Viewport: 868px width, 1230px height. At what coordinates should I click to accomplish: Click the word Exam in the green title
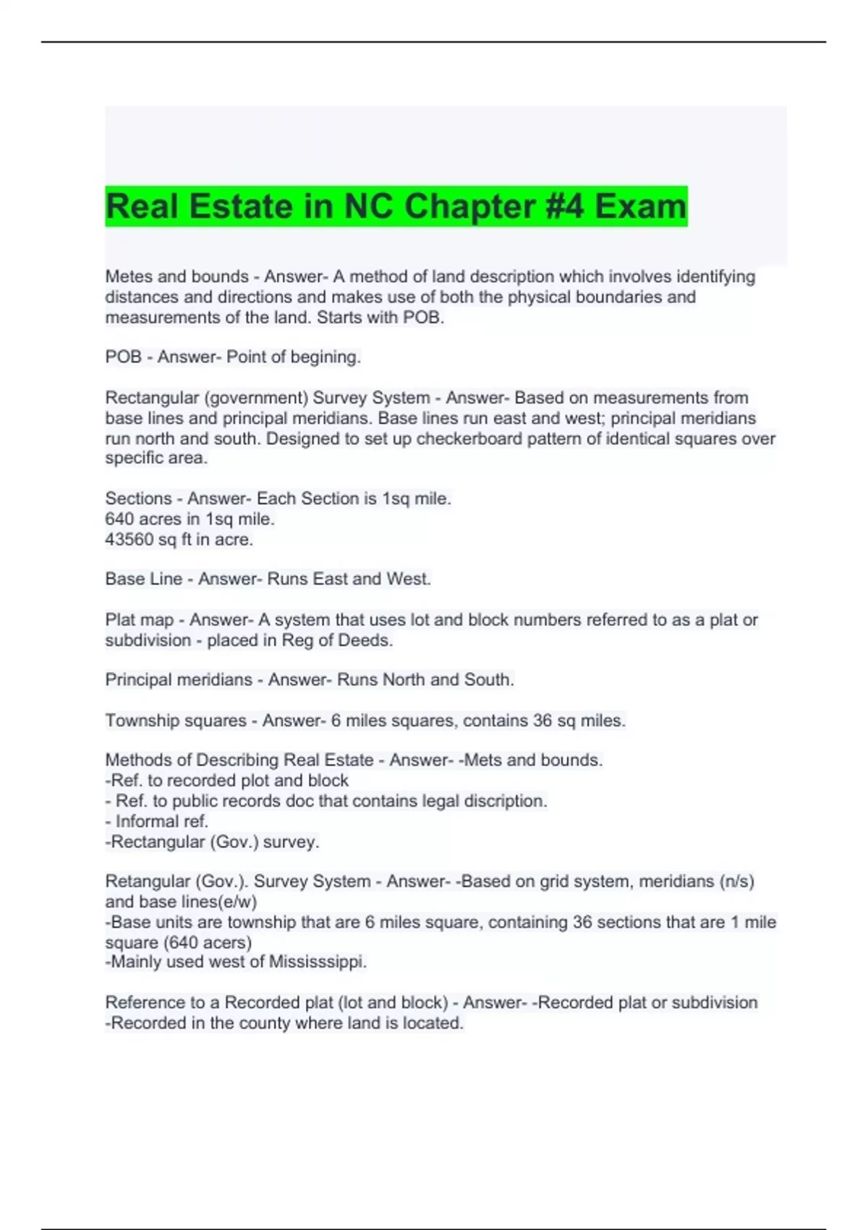640,207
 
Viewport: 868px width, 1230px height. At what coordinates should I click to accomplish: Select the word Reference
145,1003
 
